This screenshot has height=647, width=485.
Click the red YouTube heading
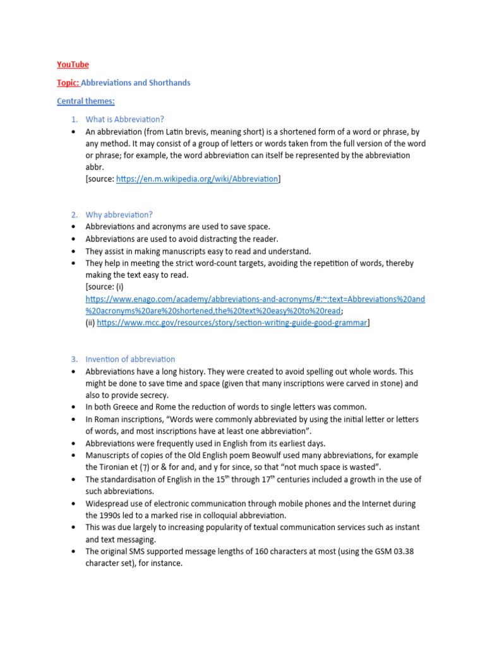(x=73, y=64)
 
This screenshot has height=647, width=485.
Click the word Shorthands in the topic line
(x=169, y=83)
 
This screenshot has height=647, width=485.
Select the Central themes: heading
(x=86, y=101)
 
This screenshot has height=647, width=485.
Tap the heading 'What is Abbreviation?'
(x=124, y=119)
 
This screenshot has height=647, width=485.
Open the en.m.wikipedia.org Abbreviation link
(x=197, y=179)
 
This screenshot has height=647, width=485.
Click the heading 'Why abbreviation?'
(x=119, y=215)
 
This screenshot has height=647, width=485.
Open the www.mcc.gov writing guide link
(x=232, y=323)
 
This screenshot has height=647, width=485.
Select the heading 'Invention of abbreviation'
(x=130, y=359)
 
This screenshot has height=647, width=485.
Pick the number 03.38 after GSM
(x=402, y=551)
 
